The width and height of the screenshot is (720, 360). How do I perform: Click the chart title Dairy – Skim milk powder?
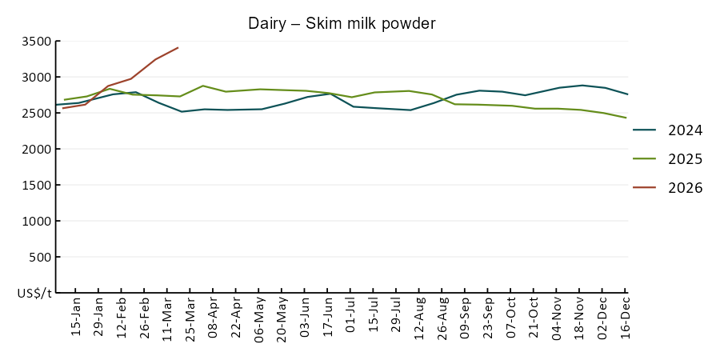pos(342,24)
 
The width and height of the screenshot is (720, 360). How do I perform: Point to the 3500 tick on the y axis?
pos(37,42)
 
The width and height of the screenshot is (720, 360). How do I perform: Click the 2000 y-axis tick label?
pos(37,150)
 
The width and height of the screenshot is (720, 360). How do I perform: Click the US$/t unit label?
pos(34,294)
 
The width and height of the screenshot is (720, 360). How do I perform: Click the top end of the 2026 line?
pos(178,47)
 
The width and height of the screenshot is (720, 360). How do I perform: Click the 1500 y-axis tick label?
pos(37,186)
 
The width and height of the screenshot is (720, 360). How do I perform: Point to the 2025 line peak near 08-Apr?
pos(203,86)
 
